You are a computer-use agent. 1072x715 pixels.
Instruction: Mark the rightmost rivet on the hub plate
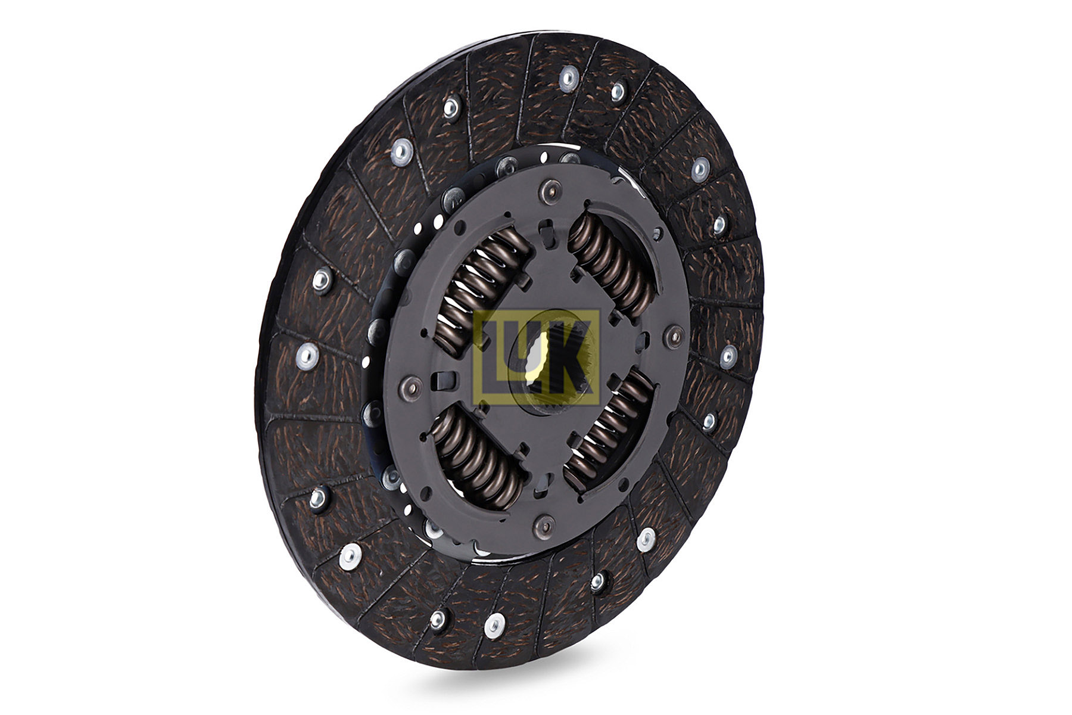point(675,338)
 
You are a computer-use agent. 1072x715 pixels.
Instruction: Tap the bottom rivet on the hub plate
point(544,525)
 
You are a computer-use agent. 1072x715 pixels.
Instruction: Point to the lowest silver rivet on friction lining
point(494,625)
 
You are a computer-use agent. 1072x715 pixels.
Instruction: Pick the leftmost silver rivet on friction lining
point(306,356)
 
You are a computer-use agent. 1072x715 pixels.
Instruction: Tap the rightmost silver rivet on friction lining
point(728,357)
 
